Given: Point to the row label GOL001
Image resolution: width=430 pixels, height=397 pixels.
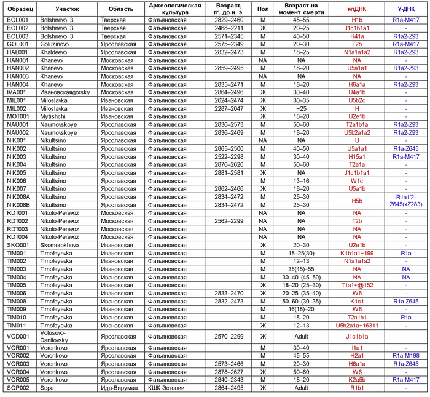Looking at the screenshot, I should click(x=18, y=44).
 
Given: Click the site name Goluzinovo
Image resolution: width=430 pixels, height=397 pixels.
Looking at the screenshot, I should click(x=58, y=44).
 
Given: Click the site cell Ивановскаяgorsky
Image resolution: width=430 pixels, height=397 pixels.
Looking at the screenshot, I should click(x=71, y=92).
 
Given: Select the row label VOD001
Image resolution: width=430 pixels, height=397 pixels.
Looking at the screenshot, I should click(x=18, y=337).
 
